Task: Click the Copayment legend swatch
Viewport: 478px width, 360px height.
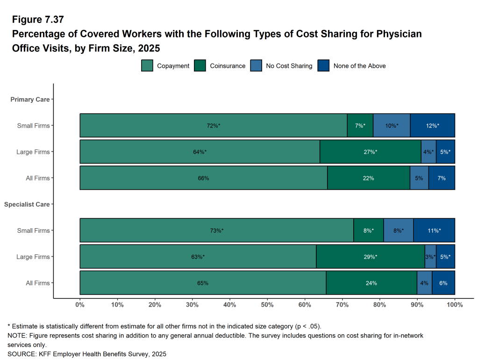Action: click(147, 66)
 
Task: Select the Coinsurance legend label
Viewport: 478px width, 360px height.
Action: click(228, 66)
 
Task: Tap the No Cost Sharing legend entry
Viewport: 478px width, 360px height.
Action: click(289, 66)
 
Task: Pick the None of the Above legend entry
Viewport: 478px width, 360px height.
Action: click(359, 66)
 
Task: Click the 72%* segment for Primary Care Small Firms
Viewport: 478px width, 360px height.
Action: click(214, 126)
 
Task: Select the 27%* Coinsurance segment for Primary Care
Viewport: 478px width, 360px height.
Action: click(370, 152)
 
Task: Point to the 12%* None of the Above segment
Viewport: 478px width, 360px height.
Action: click(432, 126)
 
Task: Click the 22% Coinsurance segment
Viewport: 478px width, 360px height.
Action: click(368, 178)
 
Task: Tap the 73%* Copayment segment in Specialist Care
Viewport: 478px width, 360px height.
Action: click(216, 230)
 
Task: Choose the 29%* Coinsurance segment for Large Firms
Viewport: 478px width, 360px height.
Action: click(370, 257)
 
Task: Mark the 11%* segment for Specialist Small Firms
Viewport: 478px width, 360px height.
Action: click(434, 230)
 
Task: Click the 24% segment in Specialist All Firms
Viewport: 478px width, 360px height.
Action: click(371, 283)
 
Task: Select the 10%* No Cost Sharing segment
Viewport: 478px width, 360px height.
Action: click(392, 126)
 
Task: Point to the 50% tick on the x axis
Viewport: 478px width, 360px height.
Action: click(267, 305)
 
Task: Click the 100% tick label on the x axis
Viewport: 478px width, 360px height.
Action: click(455, 305)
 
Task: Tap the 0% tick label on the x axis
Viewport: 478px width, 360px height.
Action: click(80, 305)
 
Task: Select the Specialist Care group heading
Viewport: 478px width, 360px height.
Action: click(27, 204)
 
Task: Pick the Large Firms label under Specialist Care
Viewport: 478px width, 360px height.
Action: click(33, 257)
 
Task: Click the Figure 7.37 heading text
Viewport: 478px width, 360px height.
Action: click(38, 20)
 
